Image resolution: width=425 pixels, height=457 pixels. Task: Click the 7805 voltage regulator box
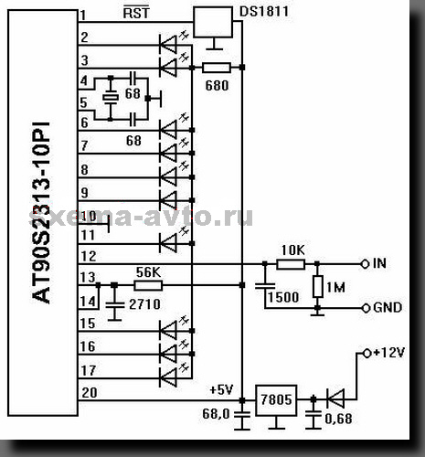[276, 400]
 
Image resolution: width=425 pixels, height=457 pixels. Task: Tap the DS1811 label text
[264, 12]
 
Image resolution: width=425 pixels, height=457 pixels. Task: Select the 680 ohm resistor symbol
[217, 68]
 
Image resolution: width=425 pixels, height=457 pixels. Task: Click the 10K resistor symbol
[291, 264]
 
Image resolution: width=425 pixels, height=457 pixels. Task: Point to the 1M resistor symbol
[318, 286]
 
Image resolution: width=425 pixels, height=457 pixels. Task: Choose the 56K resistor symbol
[148, 285]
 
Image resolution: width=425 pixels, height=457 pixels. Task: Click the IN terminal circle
[365, 264]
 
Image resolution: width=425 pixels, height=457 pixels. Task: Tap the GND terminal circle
[366, 308]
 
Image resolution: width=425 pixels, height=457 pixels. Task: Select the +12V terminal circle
[367, 354]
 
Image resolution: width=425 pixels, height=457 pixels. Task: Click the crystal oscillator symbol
[111, 98]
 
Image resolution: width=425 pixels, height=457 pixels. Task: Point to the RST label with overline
[136, 12]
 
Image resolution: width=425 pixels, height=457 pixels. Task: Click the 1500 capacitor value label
[283, 297]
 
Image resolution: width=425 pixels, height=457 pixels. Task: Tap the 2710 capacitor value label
[144, 304]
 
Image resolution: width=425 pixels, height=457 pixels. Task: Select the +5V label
[222, 389]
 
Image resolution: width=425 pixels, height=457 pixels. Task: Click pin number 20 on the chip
[90, 393]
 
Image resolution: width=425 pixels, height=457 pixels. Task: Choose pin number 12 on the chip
[89, 256]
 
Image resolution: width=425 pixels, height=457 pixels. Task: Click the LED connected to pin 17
[168, 377]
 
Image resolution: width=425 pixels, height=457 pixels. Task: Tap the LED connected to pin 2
[168, 45]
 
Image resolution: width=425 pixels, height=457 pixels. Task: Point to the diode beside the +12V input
[335, 399]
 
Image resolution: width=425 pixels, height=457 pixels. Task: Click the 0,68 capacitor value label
[338, 419]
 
